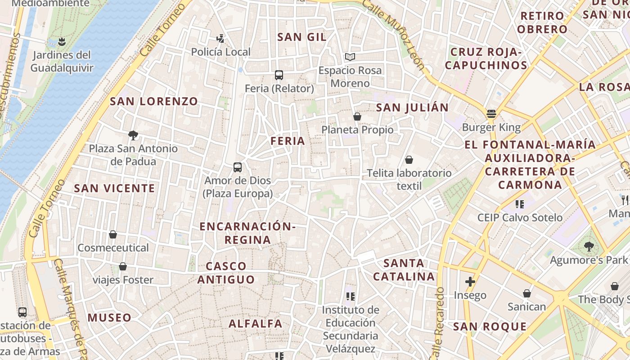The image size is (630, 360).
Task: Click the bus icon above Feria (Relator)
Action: (x=279, y=75)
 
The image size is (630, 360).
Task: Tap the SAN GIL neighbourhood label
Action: (x=302, y=37)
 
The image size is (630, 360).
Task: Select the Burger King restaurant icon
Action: (x=491, y=113)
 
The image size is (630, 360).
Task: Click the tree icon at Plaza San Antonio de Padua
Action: (x=133, y=135)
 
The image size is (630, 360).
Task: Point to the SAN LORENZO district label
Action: (x=154, y=101)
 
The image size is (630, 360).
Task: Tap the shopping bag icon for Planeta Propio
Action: (x=357, y=117)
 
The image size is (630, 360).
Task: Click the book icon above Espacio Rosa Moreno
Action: (x=350, y=57)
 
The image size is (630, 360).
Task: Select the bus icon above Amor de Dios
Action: (x=238, y=167)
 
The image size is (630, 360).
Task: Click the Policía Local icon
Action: (x=220, y=39)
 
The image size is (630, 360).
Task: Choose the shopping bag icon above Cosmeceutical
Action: (x=113, y=234)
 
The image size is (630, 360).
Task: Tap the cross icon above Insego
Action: (x=470, y=282)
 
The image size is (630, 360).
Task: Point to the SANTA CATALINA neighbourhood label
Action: (x=404, y=270)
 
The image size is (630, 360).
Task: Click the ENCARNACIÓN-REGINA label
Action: (x=247, y=233)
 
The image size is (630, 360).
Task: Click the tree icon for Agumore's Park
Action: (x=588, y=246)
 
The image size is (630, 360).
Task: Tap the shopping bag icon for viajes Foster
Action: (x=123, y=266)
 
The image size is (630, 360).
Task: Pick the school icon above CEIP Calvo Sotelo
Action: (x=520, y=204)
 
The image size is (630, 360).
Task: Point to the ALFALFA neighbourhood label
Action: (x=256, y=323)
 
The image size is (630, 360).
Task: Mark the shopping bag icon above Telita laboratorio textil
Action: (x=409, y=160)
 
